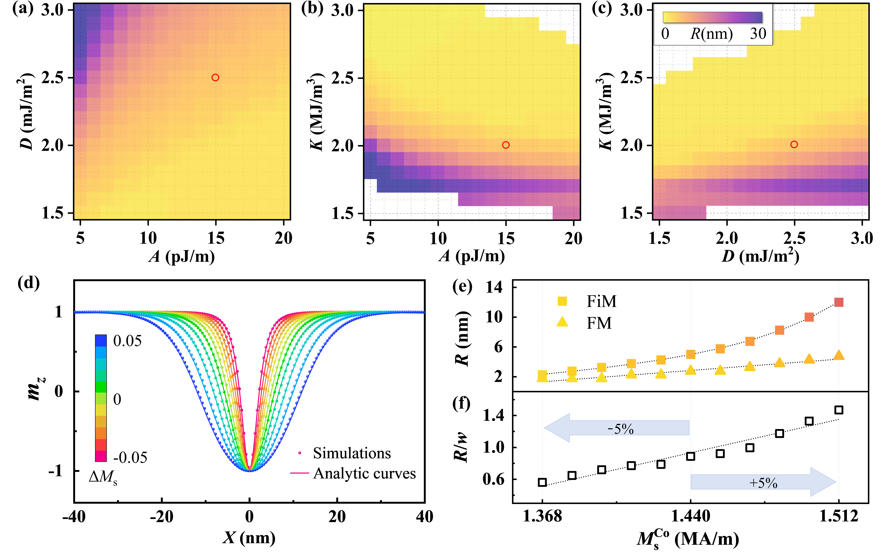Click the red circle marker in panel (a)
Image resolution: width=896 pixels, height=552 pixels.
[x=215, y=77]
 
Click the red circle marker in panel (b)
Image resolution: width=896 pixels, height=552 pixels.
[x=506, y=145]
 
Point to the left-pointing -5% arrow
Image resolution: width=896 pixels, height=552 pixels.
[x=617, y=428]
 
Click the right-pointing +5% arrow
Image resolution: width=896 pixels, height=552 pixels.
[x=763, y=482]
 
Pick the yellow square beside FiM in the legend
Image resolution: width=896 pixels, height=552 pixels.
[x=562, y=301]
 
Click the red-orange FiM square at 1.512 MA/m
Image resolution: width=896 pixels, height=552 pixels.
[x=839, y=302]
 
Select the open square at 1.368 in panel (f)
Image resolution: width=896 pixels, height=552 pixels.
[x=542, y=482]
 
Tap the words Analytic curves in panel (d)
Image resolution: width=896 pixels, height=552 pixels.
[x=364, y=474]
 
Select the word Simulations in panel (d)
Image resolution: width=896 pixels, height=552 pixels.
[x=352, y=453]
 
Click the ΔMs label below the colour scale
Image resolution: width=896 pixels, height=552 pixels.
[x=103, y=477]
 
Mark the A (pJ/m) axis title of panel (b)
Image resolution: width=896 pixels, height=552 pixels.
[x=471, y=257]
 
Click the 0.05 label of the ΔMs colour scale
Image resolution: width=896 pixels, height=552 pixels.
[x=127, y=341]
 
